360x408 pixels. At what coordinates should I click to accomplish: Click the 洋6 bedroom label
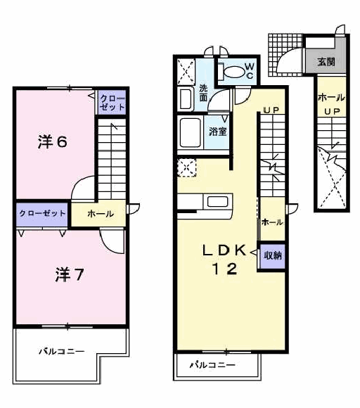tap(53, 142)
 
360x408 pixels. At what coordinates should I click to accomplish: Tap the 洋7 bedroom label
tap(69, 274)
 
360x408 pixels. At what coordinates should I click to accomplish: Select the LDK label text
tap(224, 250)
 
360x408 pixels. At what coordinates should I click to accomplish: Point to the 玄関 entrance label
tap(326, 62)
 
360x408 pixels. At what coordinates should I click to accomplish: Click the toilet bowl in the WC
tap(234, 71)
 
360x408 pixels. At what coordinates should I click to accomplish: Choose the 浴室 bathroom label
tap(218, 132)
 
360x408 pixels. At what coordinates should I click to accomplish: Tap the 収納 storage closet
tap(273, 256)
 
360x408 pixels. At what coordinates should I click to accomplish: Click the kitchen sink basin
tap(218, 202)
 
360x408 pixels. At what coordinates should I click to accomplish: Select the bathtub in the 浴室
tap(190, 133)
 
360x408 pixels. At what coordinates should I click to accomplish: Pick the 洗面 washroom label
tap(203, 93)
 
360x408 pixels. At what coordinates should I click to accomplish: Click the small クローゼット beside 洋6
tap(112, 102)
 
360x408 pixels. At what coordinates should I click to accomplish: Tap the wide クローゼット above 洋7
tap(42, 214)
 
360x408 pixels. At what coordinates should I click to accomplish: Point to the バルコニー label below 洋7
tap(62, 352)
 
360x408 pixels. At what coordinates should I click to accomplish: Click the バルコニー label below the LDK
tap(212, 365)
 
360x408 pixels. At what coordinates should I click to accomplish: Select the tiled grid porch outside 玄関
tap(285, 55)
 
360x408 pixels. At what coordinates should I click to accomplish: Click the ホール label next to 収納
tap(272, 222)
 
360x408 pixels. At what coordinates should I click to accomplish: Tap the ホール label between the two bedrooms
tap(101, 214)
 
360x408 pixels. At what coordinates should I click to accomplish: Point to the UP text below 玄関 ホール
tap(332, 112)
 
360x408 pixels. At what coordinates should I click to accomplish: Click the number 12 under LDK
tap(225, 269)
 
